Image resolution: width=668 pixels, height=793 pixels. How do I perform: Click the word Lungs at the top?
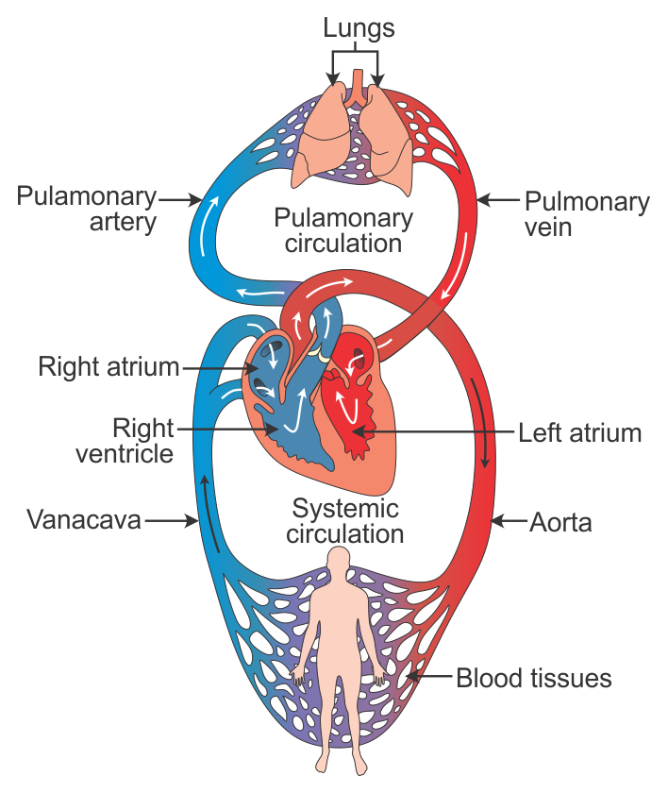[x=359, y=27]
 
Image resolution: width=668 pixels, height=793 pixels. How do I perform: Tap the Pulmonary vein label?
[x=586, y=214]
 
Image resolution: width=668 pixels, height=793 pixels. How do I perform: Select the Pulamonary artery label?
[x=86, y=210]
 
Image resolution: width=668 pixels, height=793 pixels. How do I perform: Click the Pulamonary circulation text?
[x=343, y=230]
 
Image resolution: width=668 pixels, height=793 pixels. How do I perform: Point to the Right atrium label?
[x=109, y=366]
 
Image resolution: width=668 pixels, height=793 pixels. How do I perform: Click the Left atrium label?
[x=579, y=433]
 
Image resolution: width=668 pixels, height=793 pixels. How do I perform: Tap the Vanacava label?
[x=84, y=519]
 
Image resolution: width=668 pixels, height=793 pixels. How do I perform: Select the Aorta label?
[x=560, y=521]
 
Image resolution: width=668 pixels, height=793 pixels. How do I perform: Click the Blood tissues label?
[x=534, y=678]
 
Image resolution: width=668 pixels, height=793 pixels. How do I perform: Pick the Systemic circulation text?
[x=346, y=521]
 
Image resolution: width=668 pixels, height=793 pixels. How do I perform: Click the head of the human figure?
[x=338, y=564]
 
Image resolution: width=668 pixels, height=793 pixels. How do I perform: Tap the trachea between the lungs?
[x=358, y=93]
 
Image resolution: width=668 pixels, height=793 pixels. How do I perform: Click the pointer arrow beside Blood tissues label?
[x=426, y=677]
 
